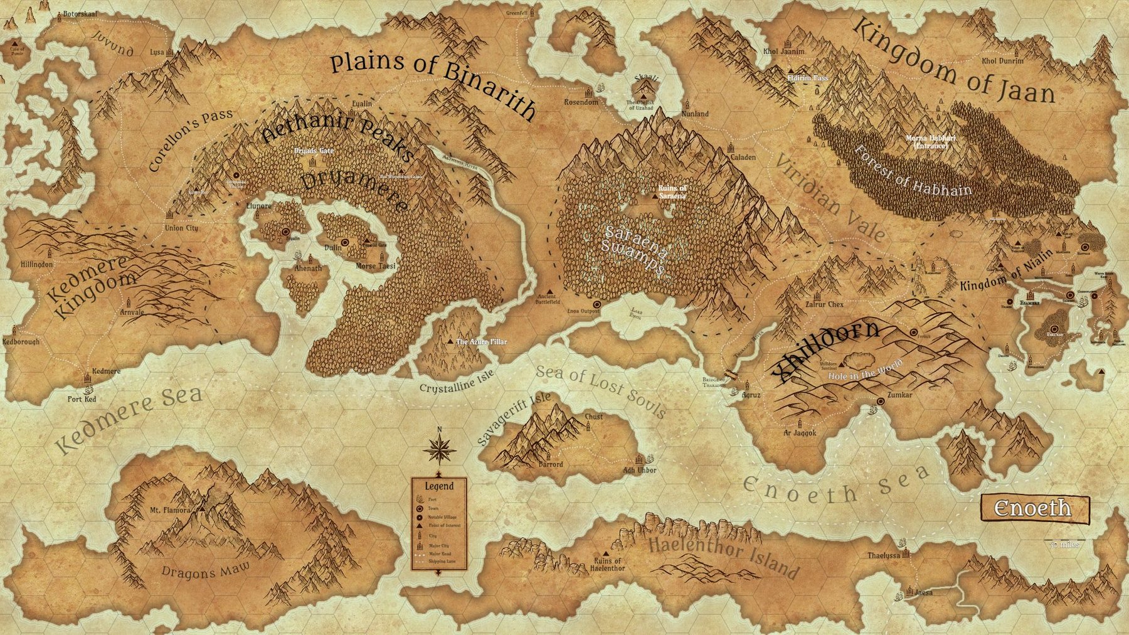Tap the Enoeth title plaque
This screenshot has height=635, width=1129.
tap(1035, 508)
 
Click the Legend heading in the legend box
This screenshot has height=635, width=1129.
tap(439, 486)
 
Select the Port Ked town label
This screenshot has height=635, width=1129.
tap(82, 399)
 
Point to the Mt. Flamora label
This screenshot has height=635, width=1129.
tap(169, 510)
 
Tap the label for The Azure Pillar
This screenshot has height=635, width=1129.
tap(481, 342)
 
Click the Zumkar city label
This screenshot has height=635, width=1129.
tap(899, 396)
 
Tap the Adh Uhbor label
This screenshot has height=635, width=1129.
tap(639, 470)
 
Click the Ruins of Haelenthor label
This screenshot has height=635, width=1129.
tap(608, 564)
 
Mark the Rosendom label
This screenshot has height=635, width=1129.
tap(581, 102)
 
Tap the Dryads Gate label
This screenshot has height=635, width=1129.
tap(314, 151)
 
